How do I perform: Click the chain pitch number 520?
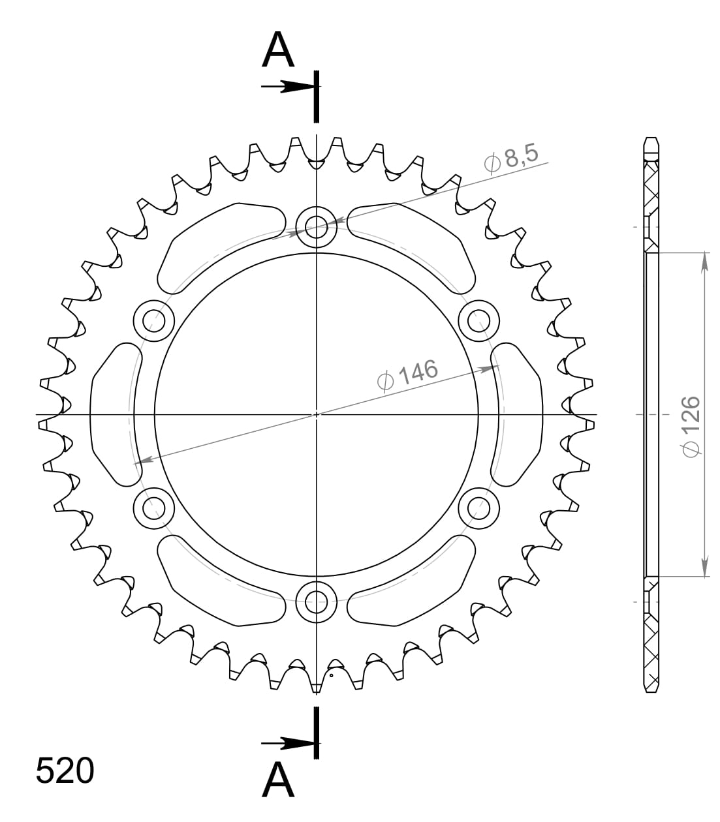(x=65, y=771)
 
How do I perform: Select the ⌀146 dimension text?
(x=407, y=374)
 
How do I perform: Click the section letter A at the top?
(x=278, y=52)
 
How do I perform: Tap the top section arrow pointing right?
(x=285, y=86)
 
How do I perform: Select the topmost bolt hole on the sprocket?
(x=317, y=228)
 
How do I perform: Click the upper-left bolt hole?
(x=154, y=320)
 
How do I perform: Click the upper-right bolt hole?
(x=479, y=320)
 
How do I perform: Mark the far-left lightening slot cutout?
(x=114, y=414)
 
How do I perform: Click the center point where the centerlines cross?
(x=317, y=414)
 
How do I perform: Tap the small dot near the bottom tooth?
(x=332, y=676)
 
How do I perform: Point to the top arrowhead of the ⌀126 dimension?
(x=704, y=262)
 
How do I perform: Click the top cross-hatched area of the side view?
(x=651, y=189)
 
